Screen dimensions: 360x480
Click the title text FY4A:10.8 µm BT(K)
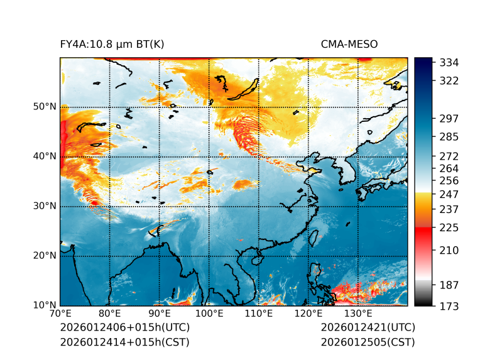[x=112, y=44]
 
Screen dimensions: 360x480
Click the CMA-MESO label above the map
[x=349, y=44]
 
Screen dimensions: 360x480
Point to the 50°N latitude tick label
[x=45, y=107]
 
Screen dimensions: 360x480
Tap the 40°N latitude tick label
[x=45, y=156]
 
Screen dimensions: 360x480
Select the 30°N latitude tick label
[x=45, y=206]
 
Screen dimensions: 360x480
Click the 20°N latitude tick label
[x=45, y=256]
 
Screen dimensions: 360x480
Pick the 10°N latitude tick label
[x=45, y=305]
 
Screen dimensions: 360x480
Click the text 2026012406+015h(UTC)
[x=124, y=327]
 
